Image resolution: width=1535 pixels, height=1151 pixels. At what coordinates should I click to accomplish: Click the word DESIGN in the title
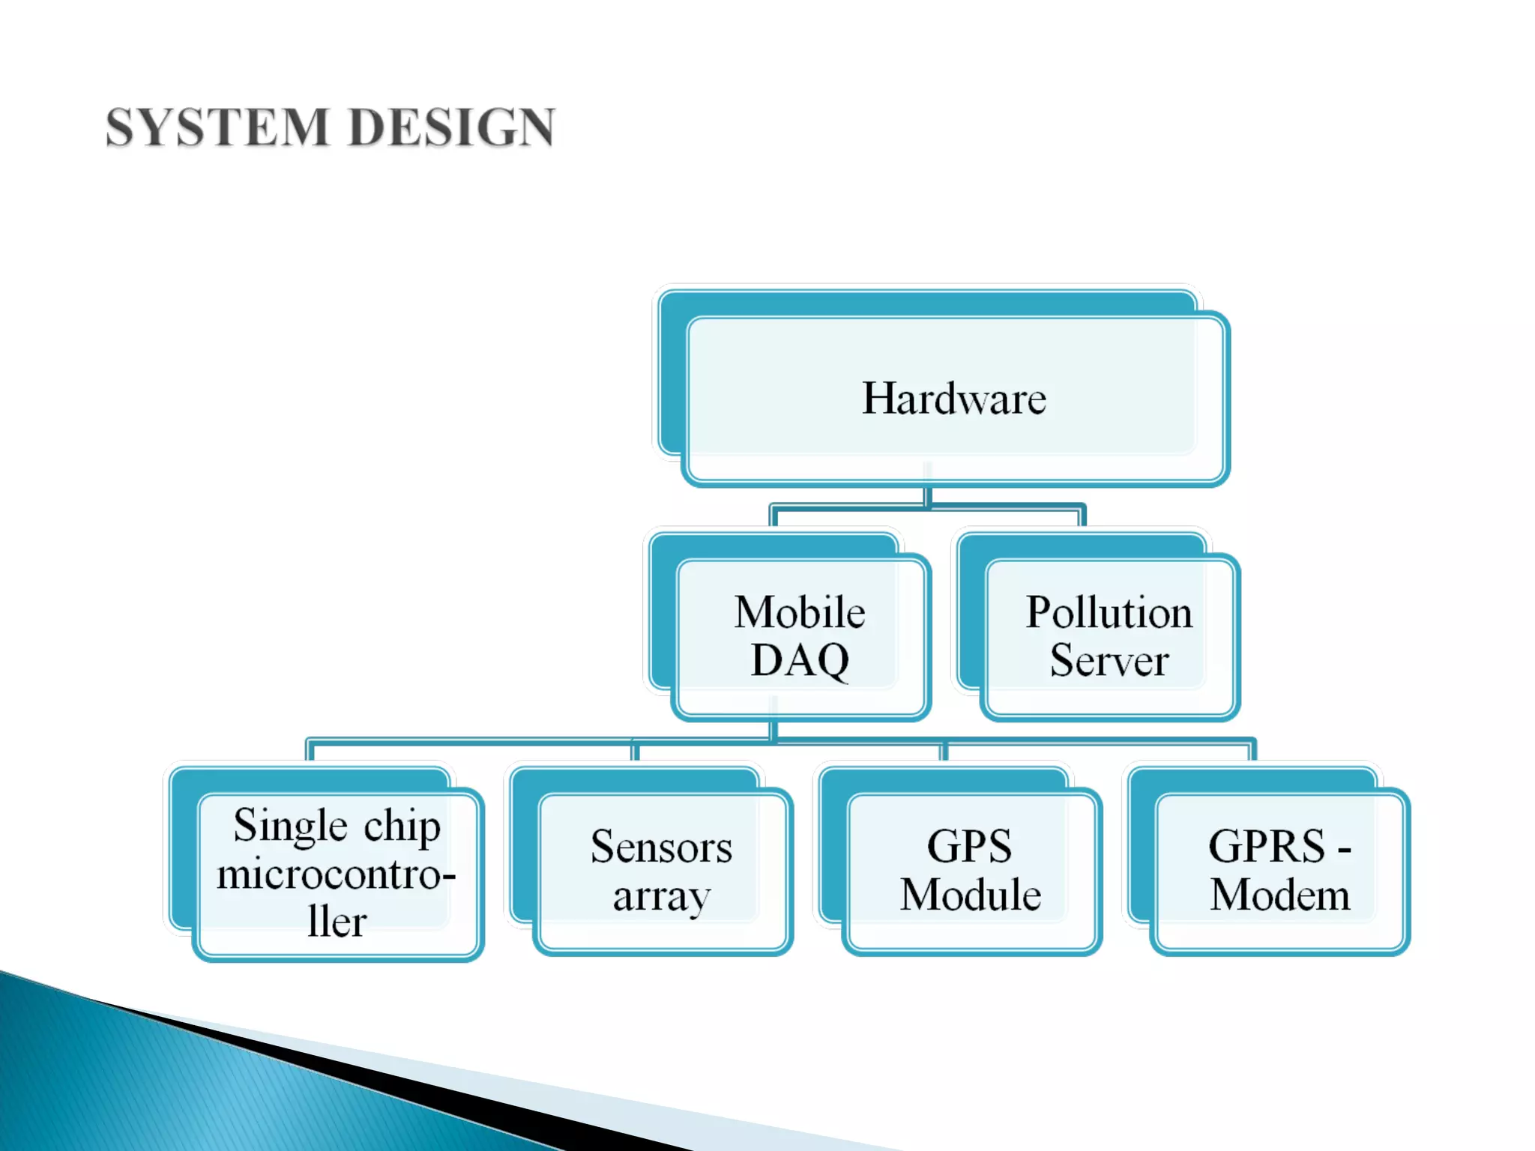(x=452, y=127)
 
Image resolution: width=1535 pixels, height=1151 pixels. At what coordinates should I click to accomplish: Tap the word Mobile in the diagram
(x=800, y=612)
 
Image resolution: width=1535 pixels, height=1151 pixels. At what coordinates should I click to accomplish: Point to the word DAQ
(x=800, y=660)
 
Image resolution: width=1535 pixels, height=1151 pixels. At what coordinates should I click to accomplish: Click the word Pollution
(x=1109, y=612)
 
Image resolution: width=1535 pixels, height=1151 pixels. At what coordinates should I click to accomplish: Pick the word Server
(x=1109, y=660)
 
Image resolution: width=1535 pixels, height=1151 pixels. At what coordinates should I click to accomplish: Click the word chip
(x=402, y=827)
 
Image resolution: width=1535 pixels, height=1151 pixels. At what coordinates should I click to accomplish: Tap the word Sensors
(x=661, y=847)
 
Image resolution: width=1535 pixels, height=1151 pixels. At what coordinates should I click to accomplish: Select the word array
(x=661, y=896)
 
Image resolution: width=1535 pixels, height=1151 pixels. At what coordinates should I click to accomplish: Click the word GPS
(x=969, y=847)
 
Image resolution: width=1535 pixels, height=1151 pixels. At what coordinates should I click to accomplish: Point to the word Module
(x=971, y=895)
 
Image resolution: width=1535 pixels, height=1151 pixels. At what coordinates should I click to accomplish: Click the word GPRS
(x=1267, y=847)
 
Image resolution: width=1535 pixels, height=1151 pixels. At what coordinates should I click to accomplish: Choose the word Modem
(x=1280, y=895)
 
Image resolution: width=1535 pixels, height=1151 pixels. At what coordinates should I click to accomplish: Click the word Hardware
(x=953, y=398)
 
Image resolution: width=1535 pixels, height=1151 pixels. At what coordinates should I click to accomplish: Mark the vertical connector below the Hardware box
(x=928, y=496)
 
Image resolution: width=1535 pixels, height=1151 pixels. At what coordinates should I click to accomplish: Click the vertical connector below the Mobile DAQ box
(x=773, y=731)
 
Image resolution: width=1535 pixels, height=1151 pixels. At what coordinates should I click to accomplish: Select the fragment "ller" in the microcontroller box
(x=337, y=922)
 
